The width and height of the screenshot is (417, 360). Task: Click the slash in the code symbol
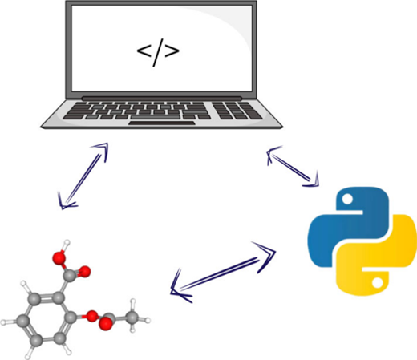(158, 53)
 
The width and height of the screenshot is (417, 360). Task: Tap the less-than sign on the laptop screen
(144, 51)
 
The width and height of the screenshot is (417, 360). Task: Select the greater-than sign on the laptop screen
(172, 51)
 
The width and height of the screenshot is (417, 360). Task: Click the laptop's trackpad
(162, 123)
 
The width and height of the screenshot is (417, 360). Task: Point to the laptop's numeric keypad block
(237, 111)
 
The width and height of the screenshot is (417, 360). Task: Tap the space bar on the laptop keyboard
(155, 117)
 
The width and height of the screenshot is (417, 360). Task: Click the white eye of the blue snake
(348, 199)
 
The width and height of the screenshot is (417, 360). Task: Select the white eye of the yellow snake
(378, 283)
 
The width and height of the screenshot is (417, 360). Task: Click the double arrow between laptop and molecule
(83, 176)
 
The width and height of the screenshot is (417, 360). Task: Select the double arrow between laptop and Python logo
(293, 166)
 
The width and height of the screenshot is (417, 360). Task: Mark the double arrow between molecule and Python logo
(223, 273)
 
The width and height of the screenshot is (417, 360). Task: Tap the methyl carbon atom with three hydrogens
(132, 318)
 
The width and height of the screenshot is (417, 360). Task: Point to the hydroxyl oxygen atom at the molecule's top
(59, 257)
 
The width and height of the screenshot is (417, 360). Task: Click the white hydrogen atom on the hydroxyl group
(67, 243)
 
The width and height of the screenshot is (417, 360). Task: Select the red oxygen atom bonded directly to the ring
(92, 316)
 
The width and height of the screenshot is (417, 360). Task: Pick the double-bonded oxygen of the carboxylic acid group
(85, 272)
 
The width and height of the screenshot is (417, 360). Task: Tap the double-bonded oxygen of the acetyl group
(106, 324)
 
